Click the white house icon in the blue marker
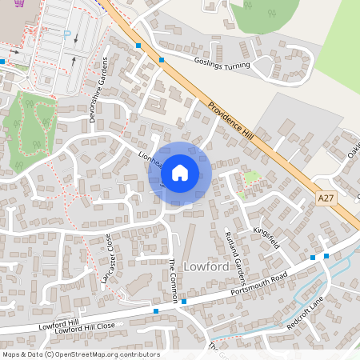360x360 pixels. (180, 172)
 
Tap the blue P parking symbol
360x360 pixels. (67, 35)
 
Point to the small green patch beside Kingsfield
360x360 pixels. (251, 178)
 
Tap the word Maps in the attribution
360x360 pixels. (12, 354)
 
